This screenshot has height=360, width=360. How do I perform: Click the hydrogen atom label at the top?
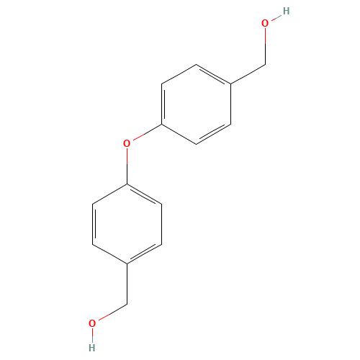286,11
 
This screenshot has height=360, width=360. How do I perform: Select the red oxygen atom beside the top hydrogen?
265,24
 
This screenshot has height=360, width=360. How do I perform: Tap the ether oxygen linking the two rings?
127,143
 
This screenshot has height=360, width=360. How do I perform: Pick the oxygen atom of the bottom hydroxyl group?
92,323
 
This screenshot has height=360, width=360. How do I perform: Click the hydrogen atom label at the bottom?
92,348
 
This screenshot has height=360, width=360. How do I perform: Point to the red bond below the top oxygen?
265,37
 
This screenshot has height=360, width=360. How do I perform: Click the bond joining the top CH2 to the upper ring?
248,75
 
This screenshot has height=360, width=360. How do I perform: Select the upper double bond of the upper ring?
214,76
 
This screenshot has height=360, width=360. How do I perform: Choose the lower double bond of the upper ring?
213,134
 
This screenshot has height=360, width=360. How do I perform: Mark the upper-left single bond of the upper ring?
180,75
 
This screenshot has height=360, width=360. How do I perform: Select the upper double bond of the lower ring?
144,194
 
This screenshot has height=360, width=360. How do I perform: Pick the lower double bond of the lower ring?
144,254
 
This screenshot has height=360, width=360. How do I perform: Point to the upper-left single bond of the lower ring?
111,194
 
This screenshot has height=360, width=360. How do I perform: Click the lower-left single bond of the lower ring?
110,254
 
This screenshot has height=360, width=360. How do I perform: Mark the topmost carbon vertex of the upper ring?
197,66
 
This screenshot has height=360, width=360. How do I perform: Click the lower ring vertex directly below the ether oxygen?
127,184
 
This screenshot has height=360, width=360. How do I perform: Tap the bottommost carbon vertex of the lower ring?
127,264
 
